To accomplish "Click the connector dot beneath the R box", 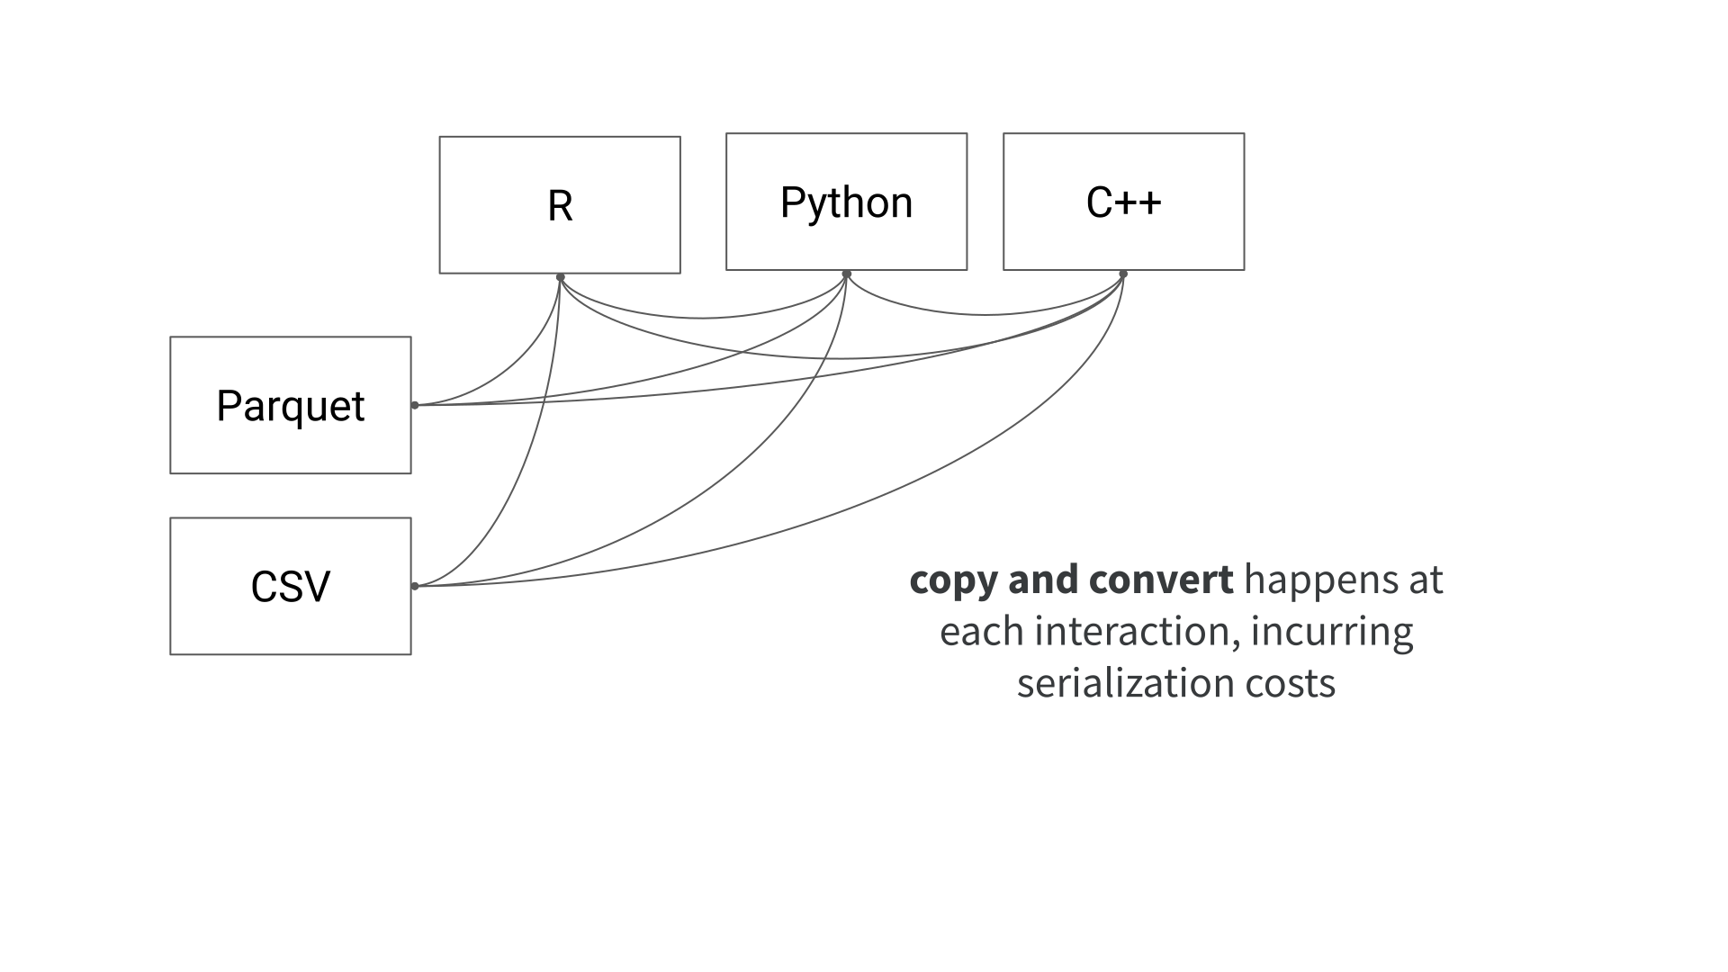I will [x=560, y=276].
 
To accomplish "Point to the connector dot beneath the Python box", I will [x=846, y=273].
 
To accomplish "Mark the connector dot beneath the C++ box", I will [x=1123, y=273].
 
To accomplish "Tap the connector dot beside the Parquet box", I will [x=415, y=405].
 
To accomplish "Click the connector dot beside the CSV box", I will [x=415, y=586].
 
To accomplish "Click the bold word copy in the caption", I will [x=953, y=581].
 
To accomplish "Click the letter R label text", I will [x=560, y=206].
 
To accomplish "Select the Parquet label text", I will [x=290, y=406].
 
